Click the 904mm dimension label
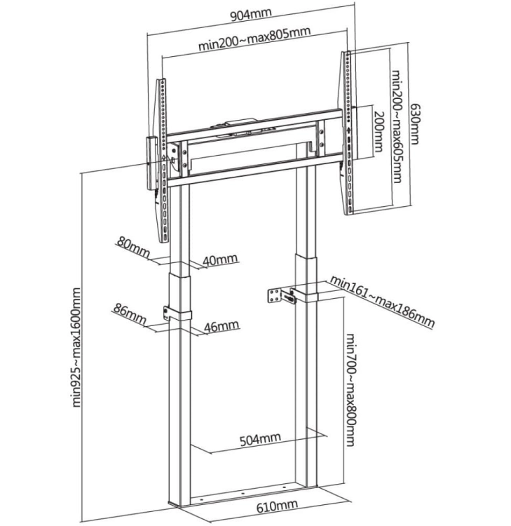[250, 15]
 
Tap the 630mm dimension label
[415, 124]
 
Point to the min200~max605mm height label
[396, 126]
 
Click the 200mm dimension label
[379, 132]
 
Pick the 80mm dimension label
[133, 248]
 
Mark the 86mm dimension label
[130, 313]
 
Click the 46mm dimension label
[222, 326]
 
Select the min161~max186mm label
[382, 301]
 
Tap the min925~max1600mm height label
[76, 347]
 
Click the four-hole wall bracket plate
[275, 296]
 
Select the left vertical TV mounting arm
[163, 161]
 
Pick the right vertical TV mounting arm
[348, 132]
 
